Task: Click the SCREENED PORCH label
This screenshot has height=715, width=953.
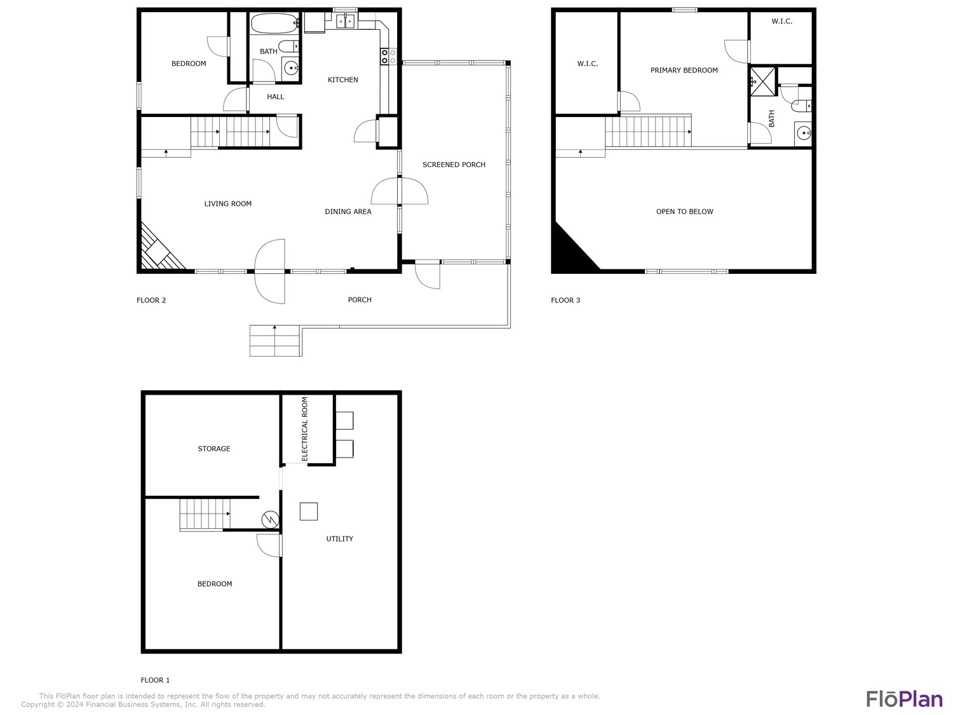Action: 454,165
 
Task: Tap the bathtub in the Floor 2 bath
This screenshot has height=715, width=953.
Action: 274,23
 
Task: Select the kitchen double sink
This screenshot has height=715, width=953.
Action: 346,20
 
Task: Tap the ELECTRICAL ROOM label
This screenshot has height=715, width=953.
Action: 304,429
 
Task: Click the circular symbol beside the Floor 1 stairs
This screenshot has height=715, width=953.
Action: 270,519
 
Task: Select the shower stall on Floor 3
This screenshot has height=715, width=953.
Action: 763,81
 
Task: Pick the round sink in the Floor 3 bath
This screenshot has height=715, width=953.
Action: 803,133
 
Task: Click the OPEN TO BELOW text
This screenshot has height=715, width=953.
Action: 684,212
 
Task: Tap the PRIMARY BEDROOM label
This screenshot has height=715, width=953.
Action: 684,71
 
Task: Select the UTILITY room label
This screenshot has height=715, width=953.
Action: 339,539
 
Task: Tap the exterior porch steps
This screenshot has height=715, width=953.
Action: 275,341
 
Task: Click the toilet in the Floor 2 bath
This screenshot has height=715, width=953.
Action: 288,46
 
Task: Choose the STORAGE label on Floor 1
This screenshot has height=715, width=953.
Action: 214,449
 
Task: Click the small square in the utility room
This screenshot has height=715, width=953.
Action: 309,512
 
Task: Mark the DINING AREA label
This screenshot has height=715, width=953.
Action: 348,212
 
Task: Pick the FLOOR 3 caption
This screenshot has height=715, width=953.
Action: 565,300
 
